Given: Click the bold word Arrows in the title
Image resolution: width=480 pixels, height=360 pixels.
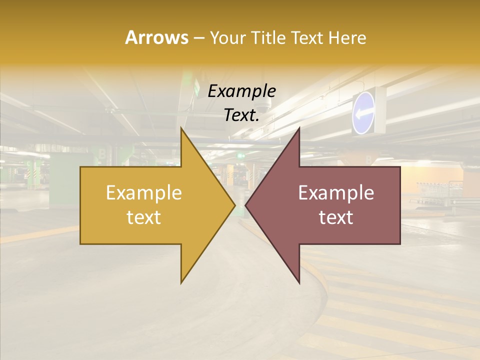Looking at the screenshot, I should (156, 37).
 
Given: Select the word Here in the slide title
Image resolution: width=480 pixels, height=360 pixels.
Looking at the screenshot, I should (347, 37).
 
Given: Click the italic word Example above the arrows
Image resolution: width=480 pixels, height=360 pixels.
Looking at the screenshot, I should (241, 91).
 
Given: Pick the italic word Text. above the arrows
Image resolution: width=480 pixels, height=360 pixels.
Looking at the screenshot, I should (241, 115).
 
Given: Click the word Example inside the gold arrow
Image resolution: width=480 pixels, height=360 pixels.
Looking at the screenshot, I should (144, 193).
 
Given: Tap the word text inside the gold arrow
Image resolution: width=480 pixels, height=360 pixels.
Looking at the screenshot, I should (144, 217).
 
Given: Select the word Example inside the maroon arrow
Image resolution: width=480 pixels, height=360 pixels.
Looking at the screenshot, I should (336, 193).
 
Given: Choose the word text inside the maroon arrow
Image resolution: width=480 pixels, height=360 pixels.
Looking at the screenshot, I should (336, 217).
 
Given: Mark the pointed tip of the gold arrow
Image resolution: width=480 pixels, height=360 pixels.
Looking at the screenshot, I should (234, 205).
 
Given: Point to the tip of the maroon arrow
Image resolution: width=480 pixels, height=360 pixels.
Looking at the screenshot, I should (246, 205).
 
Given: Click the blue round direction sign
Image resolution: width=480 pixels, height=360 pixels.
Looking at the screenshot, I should (363, 112).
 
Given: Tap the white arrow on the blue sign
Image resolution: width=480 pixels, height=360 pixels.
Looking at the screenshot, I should (363, 113).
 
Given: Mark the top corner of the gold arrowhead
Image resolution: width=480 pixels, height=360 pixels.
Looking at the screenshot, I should (181, 128).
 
